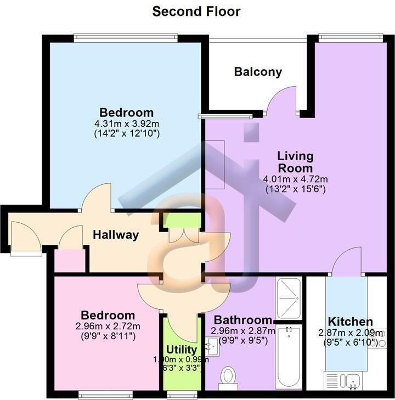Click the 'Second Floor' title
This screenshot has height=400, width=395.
coord(196,12)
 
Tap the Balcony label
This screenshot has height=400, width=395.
coord(258,72)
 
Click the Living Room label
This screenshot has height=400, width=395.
coord(295,162)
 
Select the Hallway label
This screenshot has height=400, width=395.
coord(115,235)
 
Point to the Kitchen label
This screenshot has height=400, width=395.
coord(350,322)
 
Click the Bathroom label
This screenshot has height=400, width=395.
coord(242,320)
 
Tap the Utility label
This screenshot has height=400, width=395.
coord(182,350)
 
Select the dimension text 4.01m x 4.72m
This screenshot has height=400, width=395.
coord(295,179)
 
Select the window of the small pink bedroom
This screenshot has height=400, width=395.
coord(105,393)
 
